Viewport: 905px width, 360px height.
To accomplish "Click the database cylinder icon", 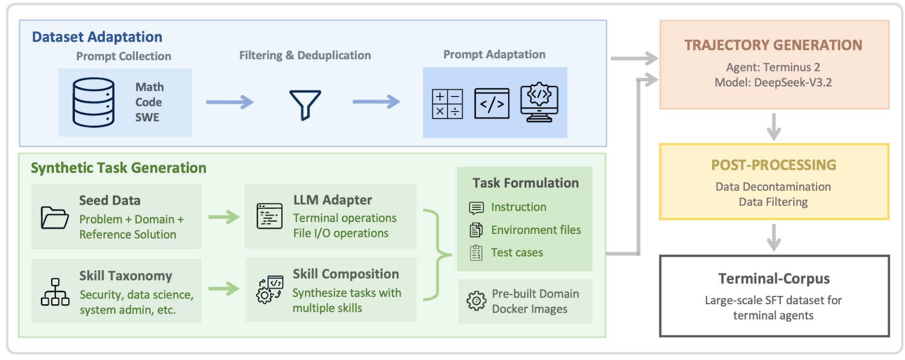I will pos(94,103).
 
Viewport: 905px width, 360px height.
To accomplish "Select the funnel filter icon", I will pos(305,105).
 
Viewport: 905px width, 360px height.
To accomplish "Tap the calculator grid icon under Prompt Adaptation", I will pos(447,104).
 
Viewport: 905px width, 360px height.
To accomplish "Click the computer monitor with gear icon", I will pos(539,102).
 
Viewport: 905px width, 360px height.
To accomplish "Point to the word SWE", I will pos(147,117).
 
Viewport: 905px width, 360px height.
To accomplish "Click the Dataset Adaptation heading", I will pos(97,37).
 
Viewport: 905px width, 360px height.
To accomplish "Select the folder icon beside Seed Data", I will pos(54,218).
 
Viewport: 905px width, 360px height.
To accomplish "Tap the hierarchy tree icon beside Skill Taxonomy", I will pos(55,292).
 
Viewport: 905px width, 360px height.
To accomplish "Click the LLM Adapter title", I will pos(332,200).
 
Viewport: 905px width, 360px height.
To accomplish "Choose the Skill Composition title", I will pos(346,274).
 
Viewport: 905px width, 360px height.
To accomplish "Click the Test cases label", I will pos(517,253).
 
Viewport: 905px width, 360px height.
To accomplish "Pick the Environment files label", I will pos(536,230).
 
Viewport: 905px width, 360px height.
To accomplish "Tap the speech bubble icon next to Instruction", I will pos(476,208).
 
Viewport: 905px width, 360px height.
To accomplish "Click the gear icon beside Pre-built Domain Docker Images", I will pos(476,301).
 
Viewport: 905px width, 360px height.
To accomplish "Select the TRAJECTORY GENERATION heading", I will pos(773,45).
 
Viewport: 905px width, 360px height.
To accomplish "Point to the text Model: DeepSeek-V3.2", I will pos(773,83).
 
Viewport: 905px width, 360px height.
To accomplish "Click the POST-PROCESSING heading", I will pos(774,165).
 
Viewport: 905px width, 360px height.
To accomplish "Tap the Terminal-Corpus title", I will pos(774,279).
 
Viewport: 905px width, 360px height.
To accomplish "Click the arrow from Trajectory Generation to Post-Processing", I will pos(774,127).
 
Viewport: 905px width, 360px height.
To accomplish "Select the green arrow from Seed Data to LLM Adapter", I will pos(224,217).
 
